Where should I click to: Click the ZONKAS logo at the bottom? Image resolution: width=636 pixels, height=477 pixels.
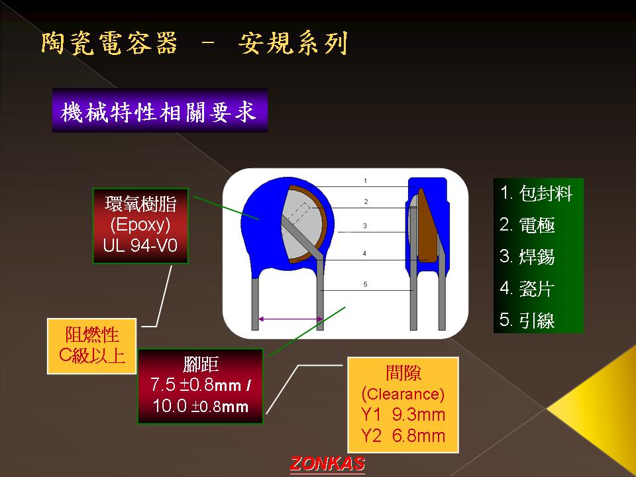327,464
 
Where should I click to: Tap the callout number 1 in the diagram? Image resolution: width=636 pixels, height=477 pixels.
366,180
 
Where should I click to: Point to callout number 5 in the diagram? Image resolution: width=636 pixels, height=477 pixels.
365,284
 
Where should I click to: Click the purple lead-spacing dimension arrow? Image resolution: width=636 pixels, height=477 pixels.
290,319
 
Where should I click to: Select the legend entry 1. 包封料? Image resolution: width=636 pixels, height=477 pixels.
536,193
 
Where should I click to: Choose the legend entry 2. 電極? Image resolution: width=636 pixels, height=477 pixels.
527,225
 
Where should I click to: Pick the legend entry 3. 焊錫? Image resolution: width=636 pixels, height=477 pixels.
527,256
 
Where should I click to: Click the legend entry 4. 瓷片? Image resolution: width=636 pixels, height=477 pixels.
527,288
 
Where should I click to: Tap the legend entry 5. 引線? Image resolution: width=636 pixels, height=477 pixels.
527,319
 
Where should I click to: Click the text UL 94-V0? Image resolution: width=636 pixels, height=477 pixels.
140,245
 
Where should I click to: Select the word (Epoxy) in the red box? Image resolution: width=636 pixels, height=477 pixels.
140,225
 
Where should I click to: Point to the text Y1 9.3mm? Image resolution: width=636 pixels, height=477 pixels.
403,415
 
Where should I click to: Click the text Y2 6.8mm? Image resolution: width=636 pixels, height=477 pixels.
403,436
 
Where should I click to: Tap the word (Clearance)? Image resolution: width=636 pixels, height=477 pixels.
403,394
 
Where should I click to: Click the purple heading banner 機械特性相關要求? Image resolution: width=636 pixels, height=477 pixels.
160,111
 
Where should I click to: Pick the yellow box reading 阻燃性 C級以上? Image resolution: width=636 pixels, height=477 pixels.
91,346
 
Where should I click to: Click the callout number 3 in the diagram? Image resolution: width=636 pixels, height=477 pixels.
365,225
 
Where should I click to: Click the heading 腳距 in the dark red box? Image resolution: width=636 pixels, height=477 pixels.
201,364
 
